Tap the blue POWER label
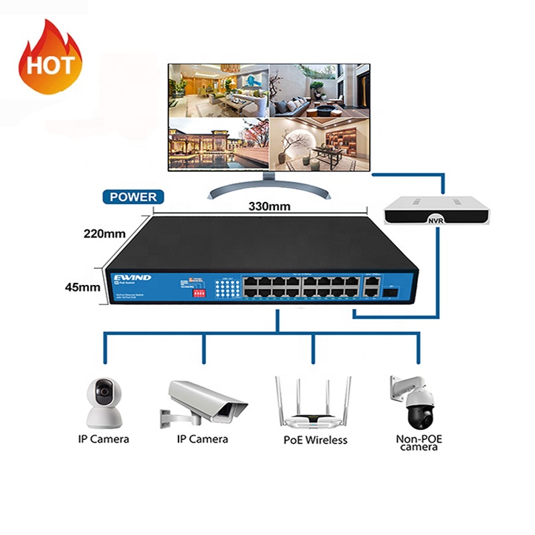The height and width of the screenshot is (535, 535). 130,197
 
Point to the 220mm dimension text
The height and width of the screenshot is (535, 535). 105,234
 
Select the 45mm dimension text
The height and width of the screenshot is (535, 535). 84,287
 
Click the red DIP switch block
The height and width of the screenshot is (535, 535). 199,293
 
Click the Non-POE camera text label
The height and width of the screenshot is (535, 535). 419,443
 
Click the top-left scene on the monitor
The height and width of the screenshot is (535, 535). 217,90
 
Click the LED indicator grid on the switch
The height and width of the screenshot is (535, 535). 227,290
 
